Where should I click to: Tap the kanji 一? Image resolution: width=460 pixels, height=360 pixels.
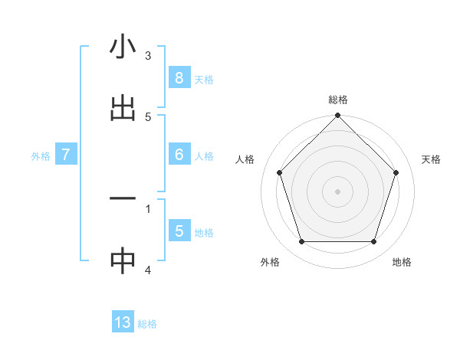click(x=123, y=198)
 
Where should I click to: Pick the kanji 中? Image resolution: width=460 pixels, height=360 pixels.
click(x=123, y=260)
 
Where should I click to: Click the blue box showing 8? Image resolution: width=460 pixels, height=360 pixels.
click(x=179, y=78)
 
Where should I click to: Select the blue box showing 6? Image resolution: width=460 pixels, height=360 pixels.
click(x=179, y=155)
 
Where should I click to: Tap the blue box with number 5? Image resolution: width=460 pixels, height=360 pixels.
click(x=179, y=231)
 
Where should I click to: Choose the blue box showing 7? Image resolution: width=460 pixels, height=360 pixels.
click(x=66, y=155)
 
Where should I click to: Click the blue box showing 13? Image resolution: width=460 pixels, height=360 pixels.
click(x=123, y=322)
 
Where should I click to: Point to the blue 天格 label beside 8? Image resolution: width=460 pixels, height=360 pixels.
click(x=204, y=79)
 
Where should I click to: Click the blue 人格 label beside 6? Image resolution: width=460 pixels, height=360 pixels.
click(x=204, y=156)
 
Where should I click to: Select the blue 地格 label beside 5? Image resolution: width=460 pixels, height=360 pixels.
click(x=204, y=233)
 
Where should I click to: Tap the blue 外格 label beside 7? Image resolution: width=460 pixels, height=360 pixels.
click(x=41, y=156)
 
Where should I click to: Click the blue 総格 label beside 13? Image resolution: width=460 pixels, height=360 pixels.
click(x=147, y=324)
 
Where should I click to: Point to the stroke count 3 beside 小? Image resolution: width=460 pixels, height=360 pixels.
click(x=148, y=55)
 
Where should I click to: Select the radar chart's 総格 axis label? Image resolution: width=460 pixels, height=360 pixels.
click(x=338, y=100)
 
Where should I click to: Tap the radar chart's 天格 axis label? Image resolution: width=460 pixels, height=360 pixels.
click(x=431, y=159)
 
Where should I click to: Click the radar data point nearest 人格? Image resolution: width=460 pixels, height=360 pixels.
click(x=280, y=172)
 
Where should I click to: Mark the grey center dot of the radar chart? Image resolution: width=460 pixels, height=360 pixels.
click(x=338, y=191)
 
